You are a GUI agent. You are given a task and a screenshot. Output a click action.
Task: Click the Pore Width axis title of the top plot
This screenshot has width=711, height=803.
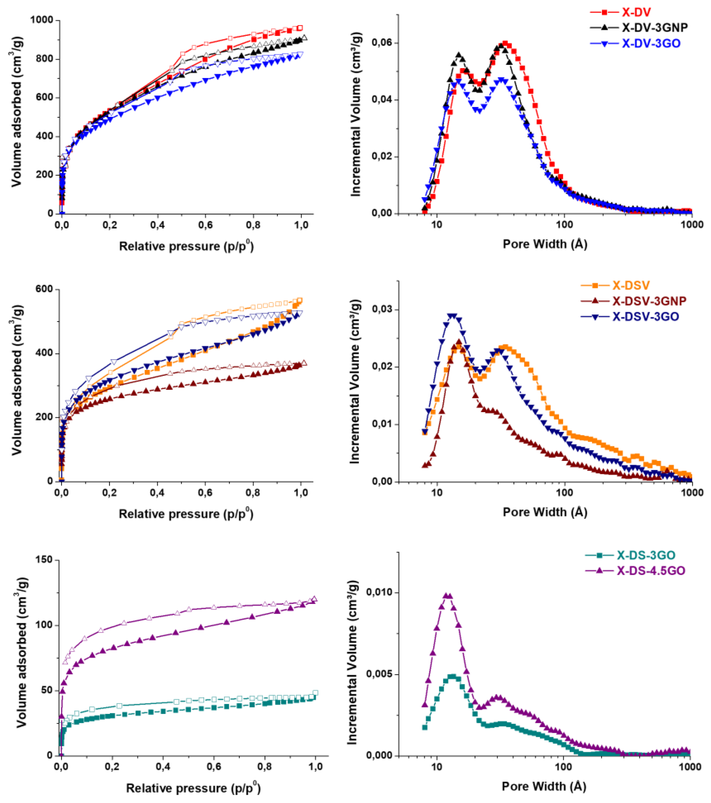(545, 244)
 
